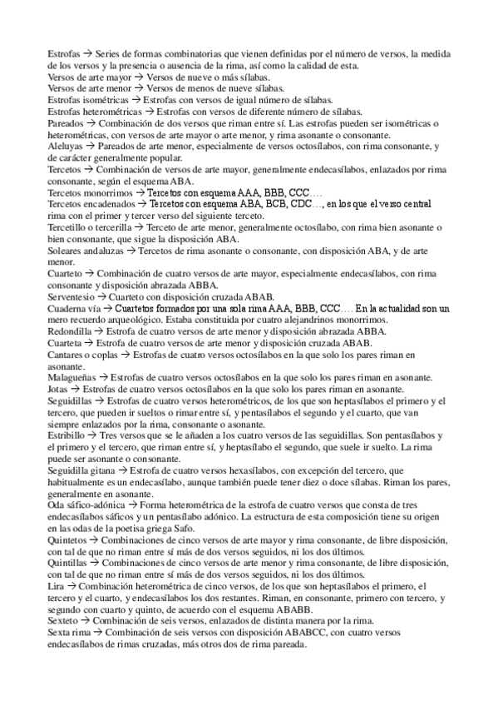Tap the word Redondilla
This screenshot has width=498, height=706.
(x=71, y=331)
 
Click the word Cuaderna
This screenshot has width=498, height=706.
(x=70, y=309)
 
